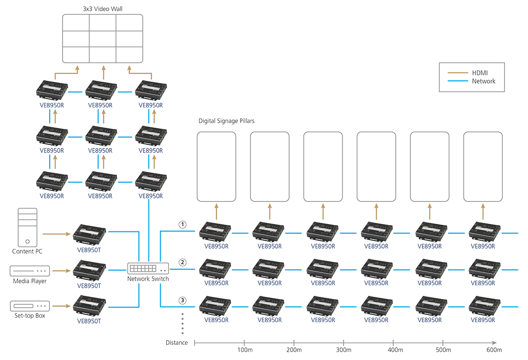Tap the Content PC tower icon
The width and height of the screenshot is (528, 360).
[27, 227]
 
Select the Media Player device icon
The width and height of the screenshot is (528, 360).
[29, 271]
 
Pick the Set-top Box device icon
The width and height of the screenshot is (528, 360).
[29, 305]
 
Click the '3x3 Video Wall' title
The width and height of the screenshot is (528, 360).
[102, 8]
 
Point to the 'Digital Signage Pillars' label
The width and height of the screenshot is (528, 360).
[226, 121]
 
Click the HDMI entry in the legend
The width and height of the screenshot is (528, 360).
[480, 73]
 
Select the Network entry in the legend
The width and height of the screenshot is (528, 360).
[484, 81]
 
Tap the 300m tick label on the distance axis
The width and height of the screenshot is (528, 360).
[343, 350]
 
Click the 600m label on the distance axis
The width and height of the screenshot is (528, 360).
[494, 350]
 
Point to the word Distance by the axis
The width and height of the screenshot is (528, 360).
[176, 343]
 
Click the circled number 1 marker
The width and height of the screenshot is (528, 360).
[182, 224]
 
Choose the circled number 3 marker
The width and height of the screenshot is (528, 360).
[182, 300]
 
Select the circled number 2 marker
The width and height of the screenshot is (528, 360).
[182, 262]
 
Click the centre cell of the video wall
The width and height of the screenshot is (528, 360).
[102, 38]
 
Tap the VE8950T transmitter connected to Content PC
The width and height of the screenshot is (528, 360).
[89, 232]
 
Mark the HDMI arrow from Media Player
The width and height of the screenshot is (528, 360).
[61, 271]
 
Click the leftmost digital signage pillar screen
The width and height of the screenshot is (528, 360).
[217, 166]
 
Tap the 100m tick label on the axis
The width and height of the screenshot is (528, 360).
[244, 350]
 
